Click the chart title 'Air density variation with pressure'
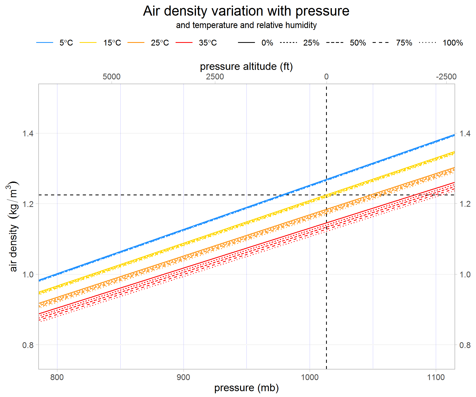point(246,11)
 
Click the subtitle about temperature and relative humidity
point(246,25)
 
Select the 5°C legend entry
point(66,43)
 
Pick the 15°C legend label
point(112,43)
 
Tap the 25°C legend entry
point(160,43)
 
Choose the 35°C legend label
point(208,43)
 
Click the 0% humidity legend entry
point(267,43)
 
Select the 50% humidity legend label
point(358,43)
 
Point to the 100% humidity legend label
point(452,43)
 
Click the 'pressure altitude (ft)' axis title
point(246,66)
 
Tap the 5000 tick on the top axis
point(111,77)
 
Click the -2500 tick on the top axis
point(446,77)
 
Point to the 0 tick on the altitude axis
point(326,77)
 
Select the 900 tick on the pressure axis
point(183,377)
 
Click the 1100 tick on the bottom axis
point(436,377)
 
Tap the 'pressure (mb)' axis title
point(246,388)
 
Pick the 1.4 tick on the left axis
point(28,133)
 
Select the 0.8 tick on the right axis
point(465,345)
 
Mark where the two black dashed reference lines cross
point(326,195)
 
